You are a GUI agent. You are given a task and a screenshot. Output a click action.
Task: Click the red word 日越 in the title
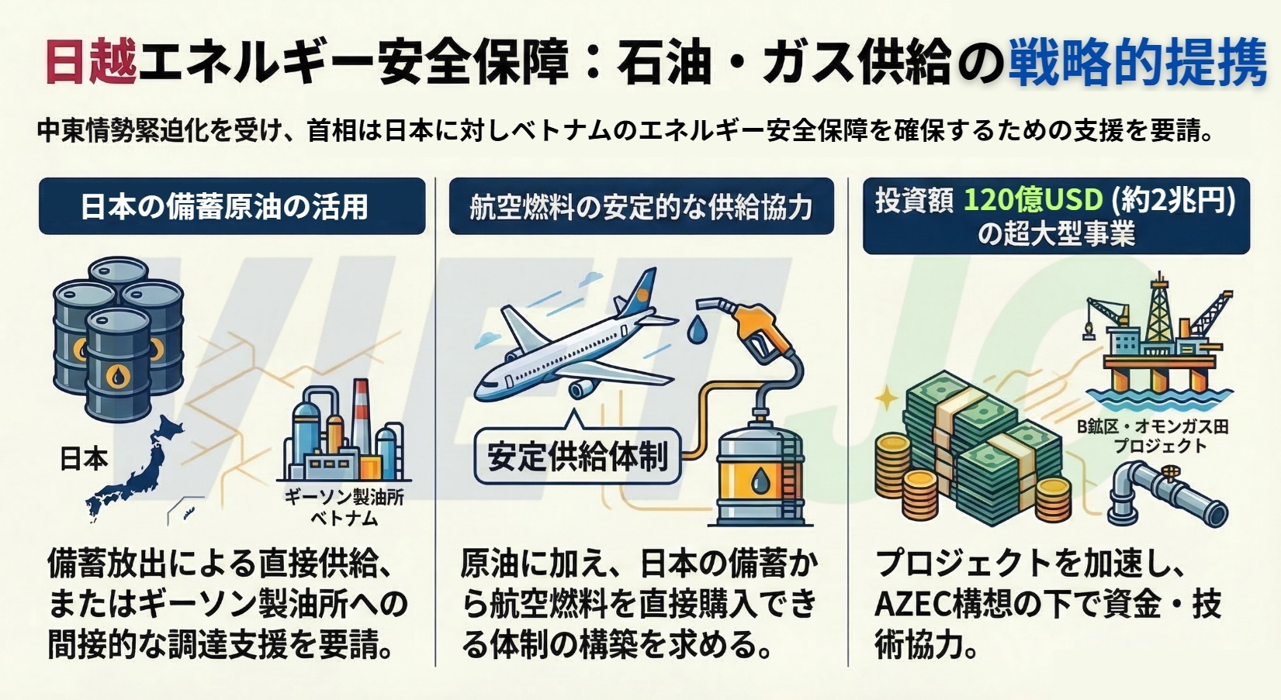[x=92, y=60]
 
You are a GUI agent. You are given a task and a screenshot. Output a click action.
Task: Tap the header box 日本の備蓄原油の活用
[x=232, y=206]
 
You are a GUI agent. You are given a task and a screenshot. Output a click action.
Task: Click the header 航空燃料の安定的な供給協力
[x=641, y=207]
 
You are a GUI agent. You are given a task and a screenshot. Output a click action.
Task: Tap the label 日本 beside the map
[x=84, y=459]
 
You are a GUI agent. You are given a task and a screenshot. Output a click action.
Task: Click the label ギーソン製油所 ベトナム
[x=344, y=507]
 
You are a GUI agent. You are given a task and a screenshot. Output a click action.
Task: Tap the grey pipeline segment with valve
[x=1164, y=493]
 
